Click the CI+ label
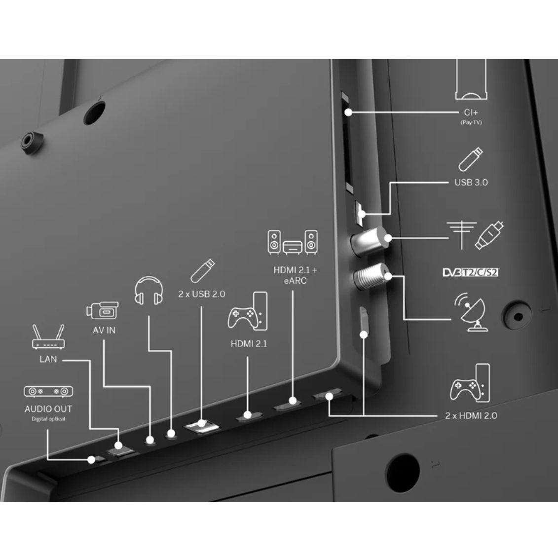[x=471, y=112]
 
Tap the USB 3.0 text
[x=471, y=182]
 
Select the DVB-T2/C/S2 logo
[x=471, y=272]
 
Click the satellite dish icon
[x=470, y=312]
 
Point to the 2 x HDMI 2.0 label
[x=471, y=415]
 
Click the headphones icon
[x=149, y=291]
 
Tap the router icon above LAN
[x=48, y=336]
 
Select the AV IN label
[x=104, y=330]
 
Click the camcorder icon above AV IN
[x=103, y=310]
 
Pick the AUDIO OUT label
[x=48, y=409]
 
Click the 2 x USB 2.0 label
[x=201, y=294]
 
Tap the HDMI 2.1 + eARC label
[x=295, y=275]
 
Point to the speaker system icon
[x=293, y=242]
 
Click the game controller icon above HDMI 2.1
[x=247, y=311]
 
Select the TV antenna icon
[x=462, y=235]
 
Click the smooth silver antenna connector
[x=369, y=241]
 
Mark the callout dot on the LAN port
[x=118, y=445]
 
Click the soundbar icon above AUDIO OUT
[x=48, y=391]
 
